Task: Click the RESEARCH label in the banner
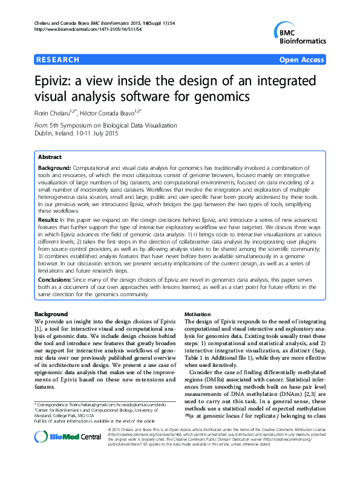tap(58, 60)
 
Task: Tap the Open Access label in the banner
tap(302, 60)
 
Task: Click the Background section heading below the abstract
tap(51, 314)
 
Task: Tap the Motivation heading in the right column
tap(198, 314)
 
